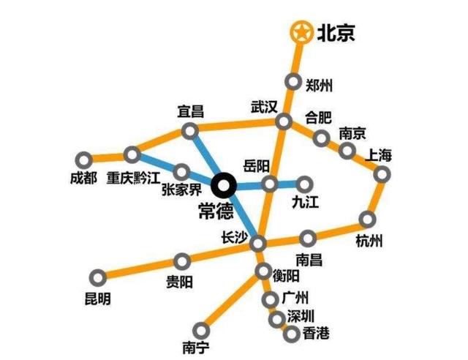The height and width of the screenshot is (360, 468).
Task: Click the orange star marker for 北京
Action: click(300, 32)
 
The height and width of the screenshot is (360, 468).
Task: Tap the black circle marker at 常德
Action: click(224, 184)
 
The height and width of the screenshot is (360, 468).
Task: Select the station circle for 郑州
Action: click(294, 82)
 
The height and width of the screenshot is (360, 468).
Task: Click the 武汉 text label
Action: click(264, 107)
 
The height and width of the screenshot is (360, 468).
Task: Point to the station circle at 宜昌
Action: click(189, 131)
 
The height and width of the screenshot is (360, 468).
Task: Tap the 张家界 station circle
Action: click(182, 173)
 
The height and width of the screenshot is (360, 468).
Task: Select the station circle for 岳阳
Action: click(270, 183)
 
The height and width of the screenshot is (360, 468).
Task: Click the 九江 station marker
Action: click(305, 183)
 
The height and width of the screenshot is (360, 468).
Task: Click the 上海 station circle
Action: click(382, 173)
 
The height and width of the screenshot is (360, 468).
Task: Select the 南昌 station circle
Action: click(309, 237)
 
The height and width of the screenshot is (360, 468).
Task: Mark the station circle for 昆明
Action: click(97, 277)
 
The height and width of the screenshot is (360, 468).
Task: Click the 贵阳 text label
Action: click(181, 282)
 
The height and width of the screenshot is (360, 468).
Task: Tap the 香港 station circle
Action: click(290, 334)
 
